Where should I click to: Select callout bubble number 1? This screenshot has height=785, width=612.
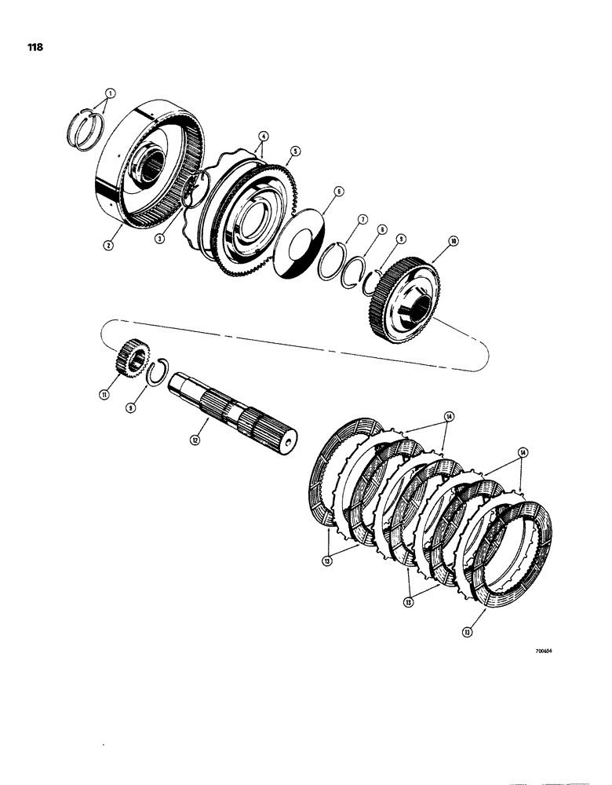tap(111, 92)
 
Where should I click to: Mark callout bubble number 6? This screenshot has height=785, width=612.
tap(338, 191)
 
